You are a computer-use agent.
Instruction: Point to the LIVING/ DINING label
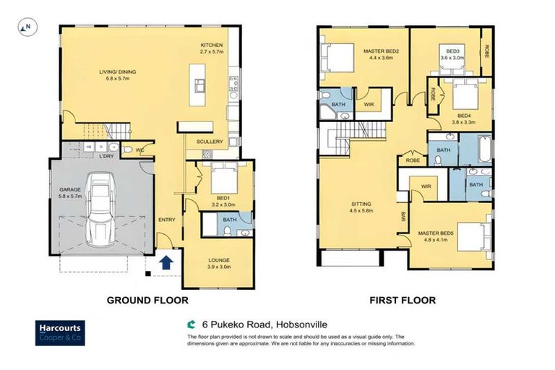tap(118, 75)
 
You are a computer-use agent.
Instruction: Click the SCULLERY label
tap(210, 142)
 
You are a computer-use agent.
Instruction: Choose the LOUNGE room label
tap(218, 263)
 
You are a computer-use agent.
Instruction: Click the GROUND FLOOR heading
tap(147, 300)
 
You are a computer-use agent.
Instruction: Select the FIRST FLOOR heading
tap(403, 300)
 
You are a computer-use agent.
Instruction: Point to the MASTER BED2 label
tap(376, 55)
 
